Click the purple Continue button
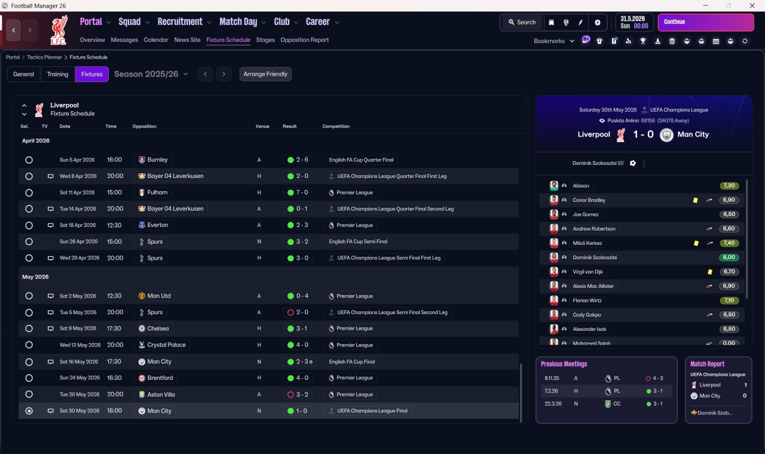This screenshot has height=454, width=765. [706, 22]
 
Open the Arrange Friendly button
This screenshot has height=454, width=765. [265, 74]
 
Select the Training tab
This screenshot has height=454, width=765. [57, 74]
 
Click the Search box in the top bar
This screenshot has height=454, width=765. [522, 23]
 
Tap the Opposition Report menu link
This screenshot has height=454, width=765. [304, 40]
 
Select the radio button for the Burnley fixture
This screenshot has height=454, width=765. [29, 159]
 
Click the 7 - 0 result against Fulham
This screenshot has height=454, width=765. [298, 192]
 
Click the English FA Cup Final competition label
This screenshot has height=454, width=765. [352, 362]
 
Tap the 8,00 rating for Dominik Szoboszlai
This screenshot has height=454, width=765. [729, 257]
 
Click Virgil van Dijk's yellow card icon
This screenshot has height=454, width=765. [710, 272]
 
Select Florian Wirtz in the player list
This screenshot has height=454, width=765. [587, 300]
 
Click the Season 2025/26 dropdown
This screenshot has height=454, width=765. [151, 74]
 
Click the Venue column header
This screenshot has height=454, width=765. [262, 126]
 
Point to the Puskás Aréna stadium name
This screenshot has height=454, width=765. [623, 121]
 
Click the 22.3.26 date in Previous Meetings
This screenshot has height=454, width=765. [553, 404]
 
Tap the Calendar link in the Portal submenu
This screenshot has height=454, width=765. [156, 40]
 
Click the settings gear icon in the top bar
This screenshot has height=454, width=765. [597, 23]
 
